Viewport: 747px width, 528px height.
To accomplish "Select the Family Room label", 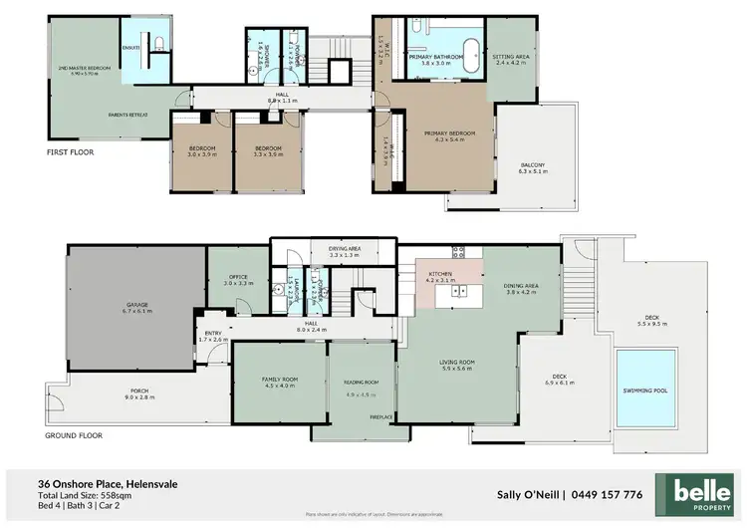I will click(278, 381).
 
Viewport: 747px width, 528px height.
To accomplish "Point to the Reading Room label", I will click(363, 383).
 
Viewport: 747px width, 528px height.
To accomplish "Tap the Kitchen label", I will click(440, 273).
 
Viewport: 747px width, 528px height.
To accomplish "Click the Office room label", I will click(239, 278).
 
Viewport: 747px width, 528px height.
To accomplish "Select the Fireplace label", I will click(382, 417).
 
